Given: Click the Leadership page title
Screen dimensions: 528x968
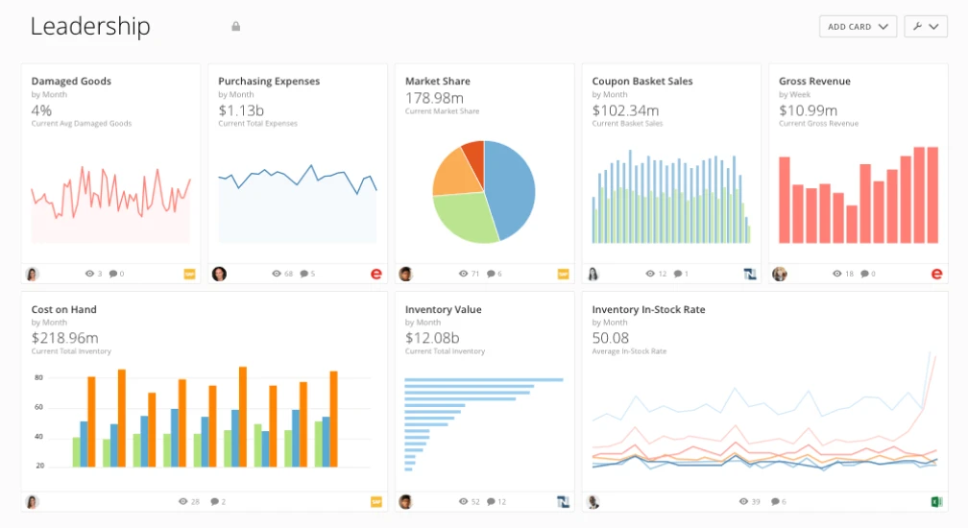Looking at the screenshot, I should pyautogui.click(x=90, y=27).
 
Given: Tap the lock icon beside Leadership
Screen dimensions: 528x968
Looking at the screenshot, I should pyautogui.click(x=236, y=27).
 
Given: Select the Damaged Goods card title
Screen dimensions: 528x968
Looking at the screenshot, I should pyautogui.click(x=71, y=82).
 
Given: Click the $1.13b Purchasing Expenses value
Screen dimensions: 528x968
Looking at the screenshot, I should pyautogui.click(x=239, y=110).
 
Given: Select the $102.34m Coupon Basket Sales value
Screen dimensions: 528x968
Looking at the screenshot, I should pyautogui.click(x=624, y=110).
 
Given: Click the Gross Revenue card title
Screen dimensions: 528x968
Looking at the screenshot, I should pyautogui.click(x=814, y=82).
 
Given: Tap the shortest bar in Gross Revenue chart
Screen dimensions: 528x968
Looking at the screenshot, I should pyautogui.click(x=852, y=224).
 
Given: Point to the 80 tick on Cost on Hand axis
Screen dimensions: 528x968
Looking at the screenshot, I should pyautogui.click(x=39, y=377).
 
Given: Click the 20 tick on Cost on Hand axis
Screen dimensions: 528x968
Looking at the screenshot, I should pyautogui.click(x=39, y=466).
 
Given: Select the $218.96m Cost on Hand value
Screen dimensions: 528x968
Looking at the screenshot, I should pyautogui.click(x=64, y=338).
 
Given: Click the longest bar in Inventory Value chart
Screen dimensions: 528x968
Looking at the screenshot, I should pyautogui.click(x=483, y=380).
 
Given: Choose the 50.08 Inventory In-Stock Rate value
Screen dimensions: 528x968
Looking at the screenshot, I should pyautogui.click(x=611, y=338).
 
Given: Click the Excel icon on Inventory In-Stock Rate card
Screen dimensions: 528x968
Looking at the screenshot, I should pyautogui.click(x=936, y=502).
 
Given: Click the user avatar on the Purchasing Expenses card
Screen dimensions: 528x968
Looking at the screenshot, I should pyautogui.click(x=219, y=274).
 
